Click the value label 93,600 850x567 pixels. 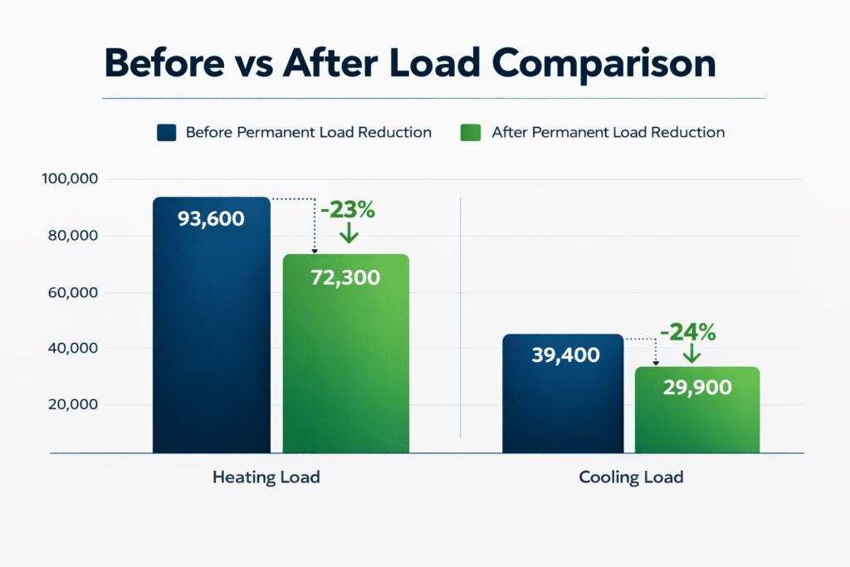coord(211,219)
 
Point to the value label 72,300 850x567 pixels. coord(345,277)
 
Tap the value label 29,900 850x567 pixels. coord(697,387)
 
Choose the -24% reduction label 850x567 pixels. coord(688,333)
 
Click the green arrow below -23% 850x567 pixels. coord(349,233)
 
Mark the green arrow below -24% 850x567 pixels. coord(690,353)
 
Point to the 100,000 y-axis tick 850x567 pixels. coord(70,179)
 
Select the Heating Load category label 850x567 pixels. coord(266,477)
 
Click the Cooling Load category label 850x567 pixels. coord(631,477)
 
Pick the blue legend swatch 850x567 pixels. coord(166,132)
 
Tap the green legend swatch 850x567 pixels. coord(471,132)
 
